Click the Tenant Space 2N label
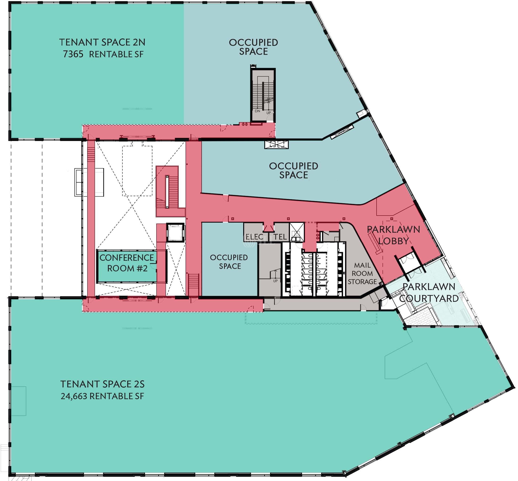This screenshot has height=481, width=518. click(102, 42)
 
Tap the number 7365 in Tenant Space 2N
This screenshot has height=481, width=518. click(73, 54)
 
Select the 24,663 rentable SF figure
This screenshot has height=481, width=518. click(102, 396)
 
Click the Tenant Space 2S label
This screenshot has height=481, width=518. click(102, 384)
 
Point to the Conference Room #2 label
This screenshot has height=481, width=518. click(127, 263)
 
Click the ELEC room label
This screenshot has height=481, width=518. click(254, 237)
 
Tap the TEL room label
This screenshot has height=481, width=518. click(280, 237)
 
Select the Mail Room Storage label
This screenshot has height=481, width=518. click(362, 273)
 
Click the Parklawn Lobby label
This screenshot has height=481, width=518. click(393, 235)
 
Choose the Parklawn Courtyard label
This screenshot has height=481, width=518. click(429, 293)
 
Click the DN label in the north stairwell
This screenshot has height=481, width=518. click(257, 111)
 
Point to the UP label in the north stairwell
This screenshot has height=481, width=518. click(268, 113)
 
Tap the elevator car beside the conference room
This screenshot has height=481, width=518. click(175, 232)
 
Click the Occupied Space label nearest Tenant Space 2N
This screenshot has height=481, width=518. click(253, 47)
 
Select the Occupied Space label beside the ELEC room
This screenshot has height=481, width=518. click(229, 261)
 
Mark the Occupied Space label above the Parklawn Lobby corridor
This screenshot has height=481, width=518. click(293, 170)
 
